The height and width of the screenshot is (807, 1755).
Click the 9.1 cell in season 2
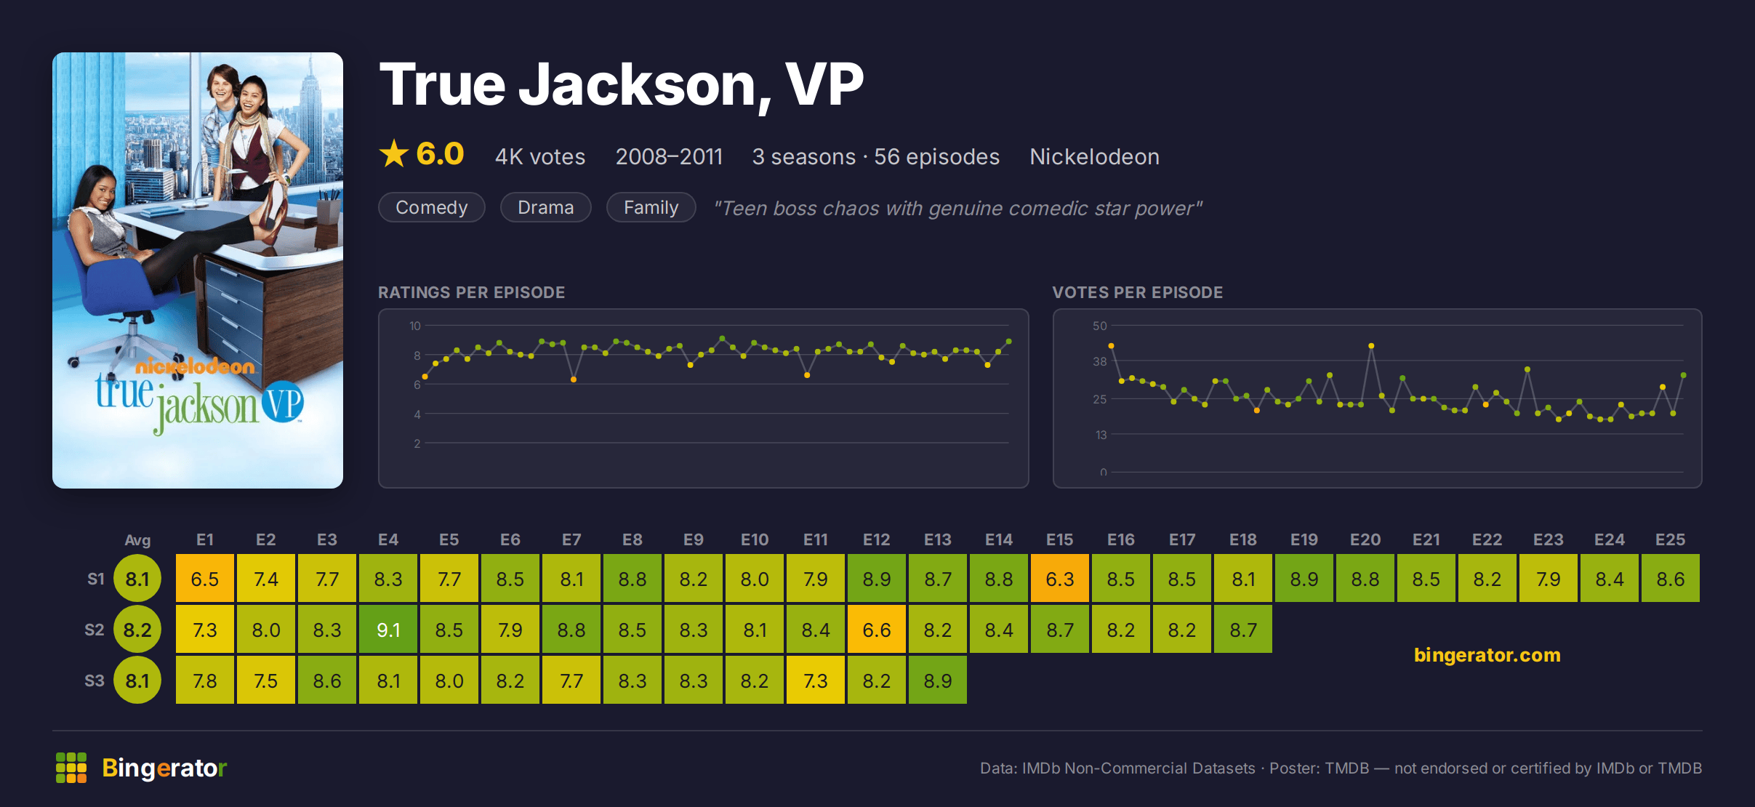(388, 630)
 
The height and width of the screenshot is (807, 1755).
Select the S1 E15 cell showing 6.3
(1060, 579)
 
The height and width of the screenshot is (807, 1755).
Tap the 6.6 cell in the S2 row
(877, 630)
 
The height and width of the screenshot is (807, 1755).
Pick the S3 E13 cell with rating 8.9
(938, 680)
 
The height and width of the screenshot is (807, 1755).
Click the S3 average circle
(137, 680)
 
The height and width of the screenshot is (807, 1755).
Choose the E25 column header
(1670, 539)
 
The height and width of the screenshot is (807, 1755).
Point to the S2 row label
(95, 630)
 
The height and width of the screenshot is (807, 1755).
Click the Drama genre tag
(546, 207)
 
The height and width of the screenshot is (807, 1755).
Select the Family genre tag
(651, 207)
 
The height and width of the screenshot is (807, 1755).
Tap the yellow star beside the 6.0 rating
(394, 153)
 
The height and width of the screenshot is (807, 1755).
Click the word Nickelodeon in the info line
(1094, 156)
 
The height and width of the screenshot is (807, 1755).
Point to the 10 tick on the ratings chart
(415, 326)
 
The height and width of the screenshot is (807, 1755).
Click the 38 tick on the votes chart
(1100, 361)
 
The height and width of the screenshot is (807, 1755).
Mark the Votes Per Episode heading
(1138, 292)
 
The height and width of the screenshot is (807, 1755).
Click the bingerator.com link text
(1487, 655)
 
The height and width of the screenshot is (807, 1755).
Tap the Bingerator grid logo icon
(71, 768)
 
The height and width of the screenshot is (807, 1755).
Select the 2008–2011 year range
(669, 156)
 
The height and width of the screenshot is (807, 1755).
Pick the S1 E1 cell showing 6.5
(205, 579)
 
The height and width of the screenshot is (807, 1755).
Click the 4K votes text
(540, 156)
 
